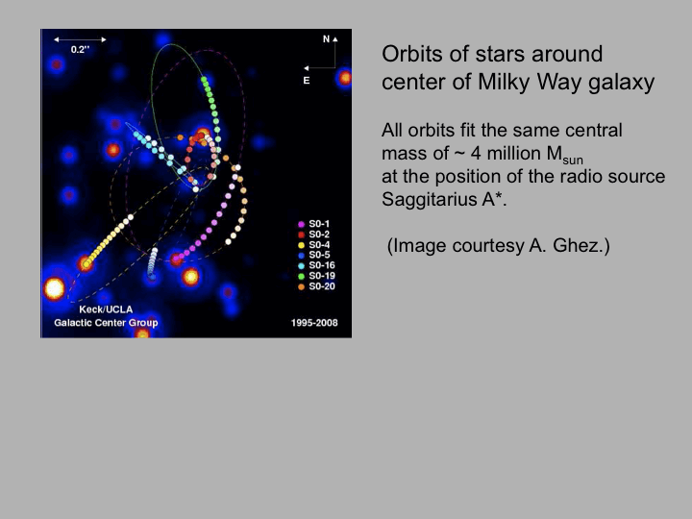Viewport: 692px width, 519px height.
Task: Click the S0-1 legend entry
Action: (x=313, y=224)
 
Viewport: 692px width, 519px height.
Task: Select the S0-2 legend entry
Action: (x=313, y=235)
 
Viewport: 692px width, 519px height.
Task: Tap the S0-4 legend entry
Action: (x=313, y=245)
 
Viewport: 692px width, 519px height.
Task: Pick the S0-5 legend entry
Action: (x=313, y=255)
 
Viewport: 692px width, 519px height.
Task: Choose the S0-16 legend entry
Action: (x=316, y=265)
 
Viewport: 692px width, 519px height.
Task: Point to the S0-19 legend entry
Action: (x=316, y=276)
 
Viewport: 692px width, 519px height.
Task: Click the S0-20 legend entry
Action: (x=316, y=286)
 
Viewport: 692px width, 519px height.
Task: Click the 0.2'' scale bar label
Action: (x=80, y=49)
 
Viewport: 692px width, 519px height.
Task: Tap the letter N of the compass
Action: (x=326, y=39)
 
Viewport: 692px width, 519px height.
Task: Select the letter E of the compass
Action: (x=307, y=81)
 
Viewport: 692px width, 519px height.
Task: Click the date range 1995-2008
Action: (x=314, y=323)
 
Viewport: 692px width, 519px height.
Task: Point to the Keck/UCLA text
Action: (x=106, y=309)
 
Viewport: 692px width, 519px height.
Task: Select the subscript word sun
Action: (x=573, y=160)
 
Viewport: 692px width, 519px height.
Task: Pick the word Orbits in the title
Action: (x=412, y=54)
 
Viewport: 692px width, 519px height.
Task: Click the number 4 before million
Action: (x=476, y=154)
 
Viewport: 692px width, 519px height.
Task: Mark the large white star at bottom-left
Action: (x=54, y=289)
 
